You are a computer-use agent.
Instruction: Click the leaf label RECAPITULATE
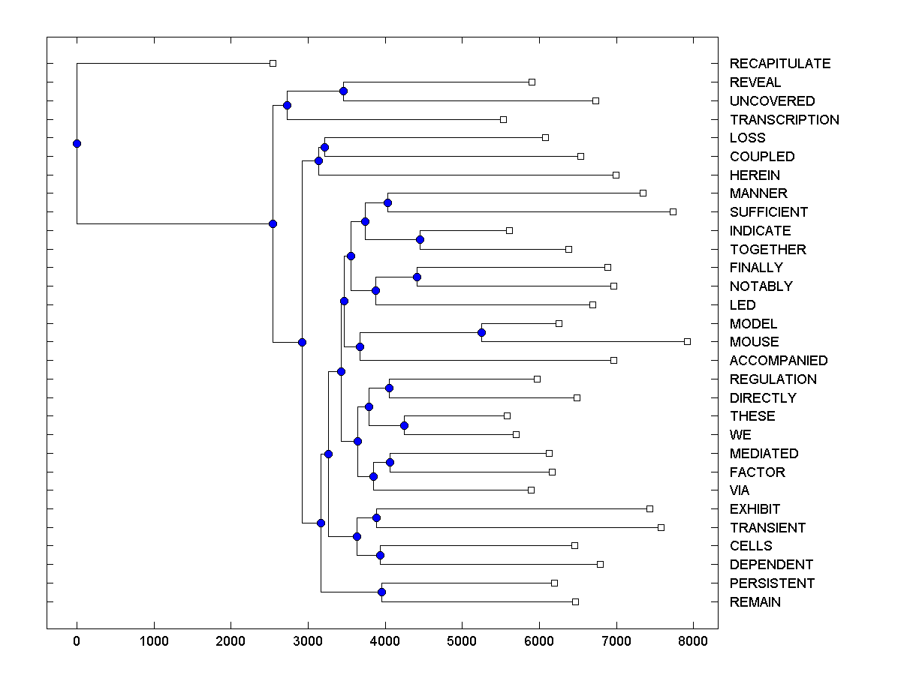(x=780, y=64)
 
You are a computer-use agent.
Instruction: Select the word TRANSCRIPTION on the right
(x=784, y=119)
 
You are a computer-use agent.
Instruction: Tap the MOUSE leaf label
(x=754, y=342)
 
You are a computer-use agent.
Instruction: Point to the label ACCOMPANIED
(x=779, y=361)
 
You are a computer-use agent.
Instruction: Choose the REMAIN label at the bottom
(x=755, y=602)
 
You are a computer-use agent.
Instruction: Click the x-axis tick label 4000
(x=384, y=641)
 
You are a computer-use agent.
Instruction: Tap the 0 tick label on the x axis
(x=77, y=641)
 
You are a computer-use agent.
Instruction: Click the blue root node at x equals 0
(x=77, y=143)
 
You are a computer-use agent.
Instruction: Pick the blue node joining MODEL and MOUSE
(x=482, y=332)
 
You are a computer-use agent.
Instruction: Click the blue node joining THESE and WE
(x=404, y=425)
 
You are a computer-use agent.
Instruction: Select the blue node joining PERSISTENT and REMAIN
(x=381, y=592)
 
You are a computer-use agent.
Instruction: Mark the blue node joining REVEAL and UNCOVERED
(x=343, y=91)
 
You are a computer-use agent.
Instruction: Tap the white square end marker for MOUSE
(x=687, y=341)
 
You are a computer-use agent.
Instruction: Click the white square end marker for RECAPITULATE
(x=273, y=63)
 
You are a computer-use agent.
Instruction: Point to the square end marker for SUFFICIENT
(x=673, y=211)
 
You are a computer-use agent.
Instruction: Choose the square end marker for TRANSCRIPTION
(x=503, y=119)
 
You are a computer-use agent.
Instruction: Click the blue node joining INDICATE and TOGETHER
(x=420, y=239)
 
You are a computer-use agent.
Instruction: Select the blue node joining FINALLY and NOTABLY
(x=417, y=277)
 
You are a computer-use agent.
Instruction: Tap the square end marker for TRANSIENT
(x=661, y=527)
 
